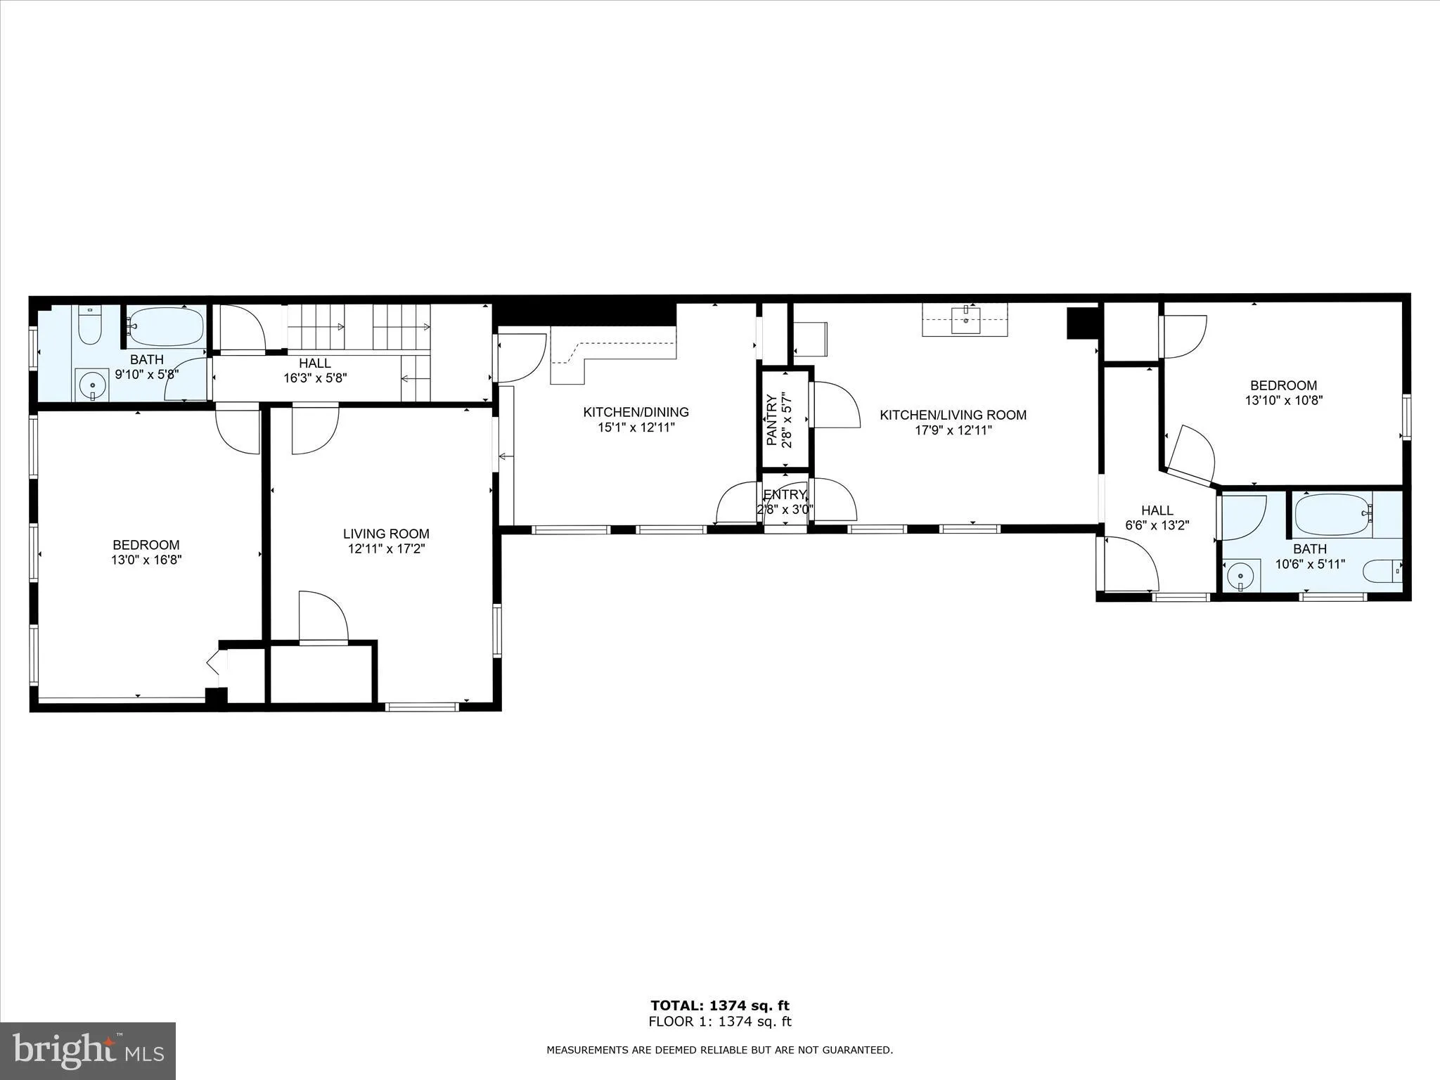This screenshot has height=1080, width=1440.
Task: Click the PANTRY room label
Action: click(771, 420)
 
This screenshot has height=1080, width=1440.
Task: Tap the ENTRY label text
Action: click(784, 494)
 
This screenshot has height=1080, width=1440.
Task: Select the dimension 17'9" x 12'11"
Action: click(953, 430)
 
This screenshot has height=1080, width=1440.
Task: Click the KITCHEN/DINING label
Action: click(636, 412)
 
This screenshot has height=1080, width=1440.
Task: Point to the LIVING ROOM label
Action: click(386, 534)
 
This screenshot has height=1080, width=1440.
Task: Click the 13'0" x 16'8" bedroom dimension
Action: click(146, 560)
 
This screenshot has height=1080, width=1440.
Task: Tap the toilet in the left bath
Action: click(89, 325)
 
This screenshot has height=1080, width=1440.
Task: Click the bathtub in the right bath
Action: click(1332, 514)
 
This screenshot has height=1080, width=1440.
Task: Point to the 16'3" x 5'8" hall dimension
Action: click(315, 378)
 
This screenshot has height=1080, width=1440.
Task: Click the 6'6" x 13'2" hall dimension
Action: click(1157, 525)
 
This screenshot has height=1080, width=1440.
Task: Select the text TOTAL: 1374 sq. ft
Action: click(719, 1005)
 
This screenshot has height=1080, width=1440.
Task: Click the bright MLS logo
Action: click(88, 1050)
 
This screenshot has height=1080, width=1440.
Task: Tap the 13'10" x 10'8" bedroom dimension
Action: click(1283, 400)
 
